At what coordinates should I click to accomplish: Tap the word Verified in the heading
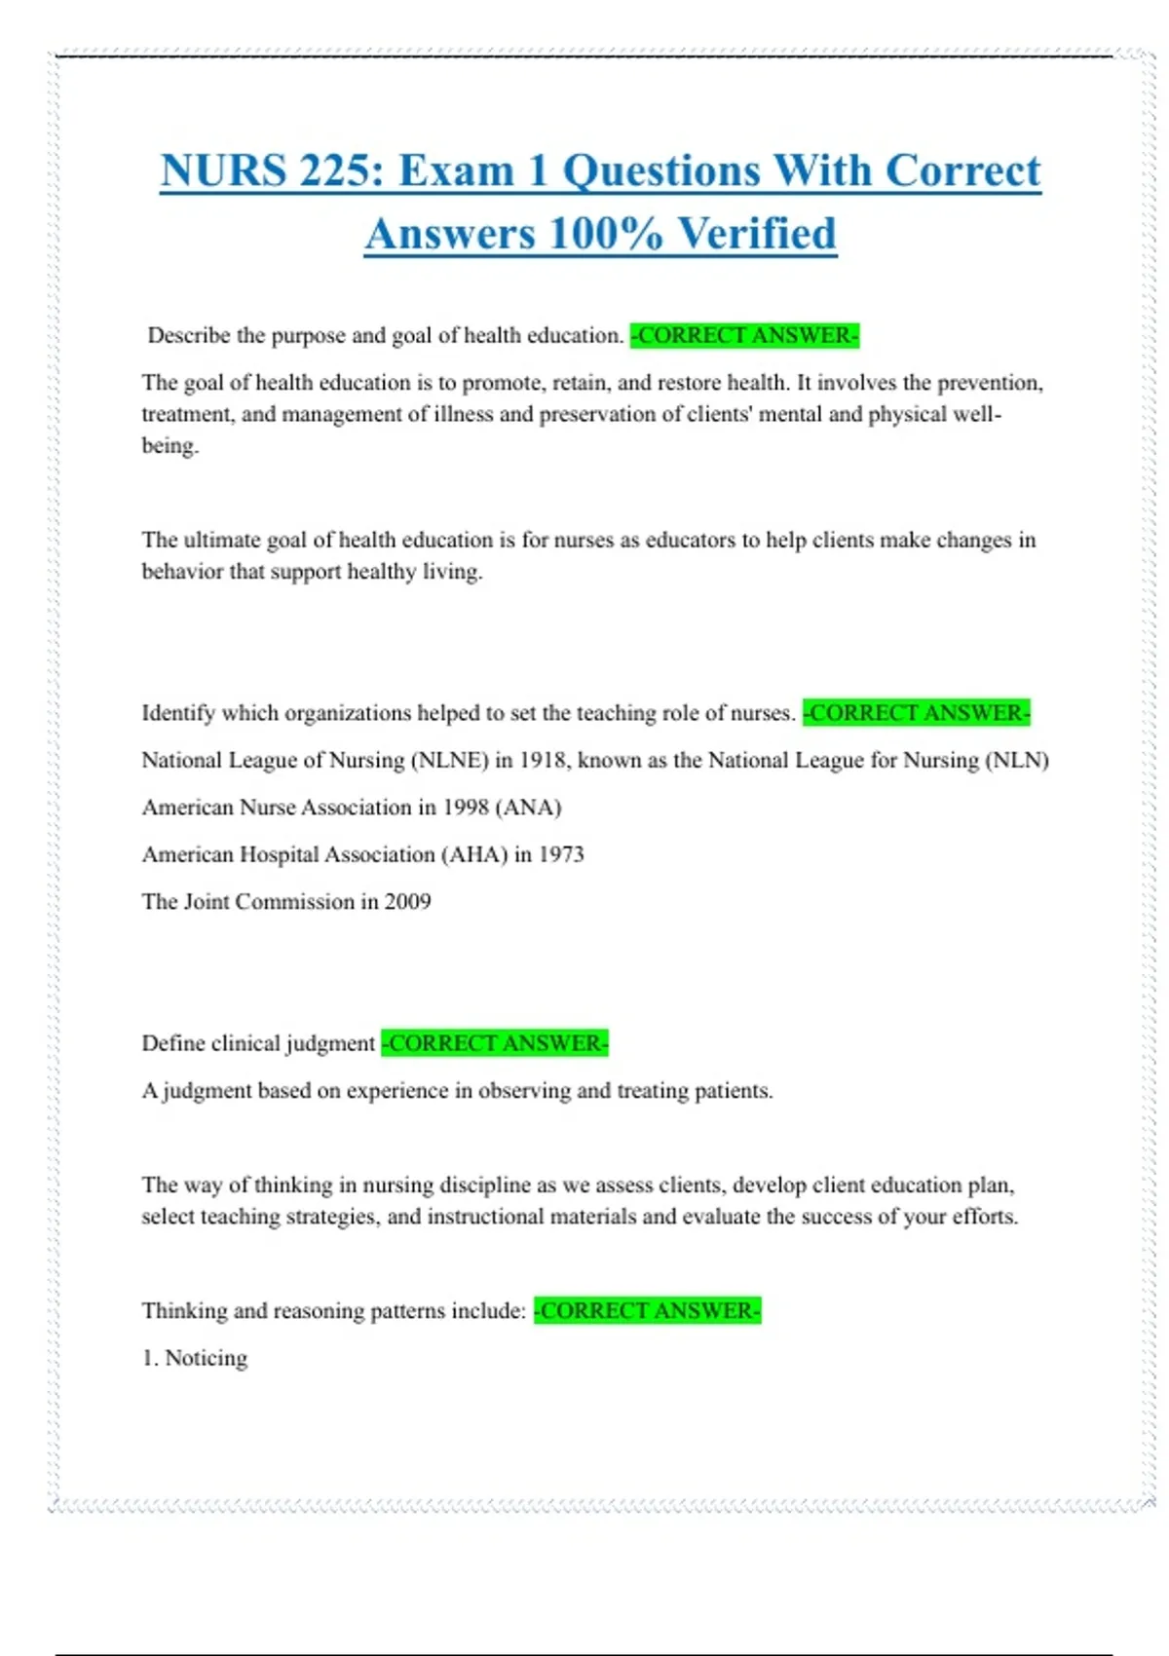tap(757, 235)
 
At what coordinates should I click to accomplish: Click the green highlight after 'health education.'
tap(744, 336)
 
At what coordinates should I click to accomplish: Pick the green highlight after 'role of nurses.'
tap(916, 713)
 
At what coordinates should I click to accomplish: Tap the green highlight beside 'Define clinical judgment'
tap(495, 1043)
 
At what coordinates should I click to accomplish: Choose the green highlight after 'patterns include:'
tap(647, 1311)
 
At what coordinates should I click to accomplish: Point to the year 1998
tap(467, 808)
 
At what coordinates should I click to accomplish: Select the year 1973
tap(561, 854)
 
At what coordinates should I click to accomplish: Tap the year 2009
tap(407, 902)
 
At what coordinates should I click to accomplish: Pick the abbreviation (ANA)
tap(529, 808)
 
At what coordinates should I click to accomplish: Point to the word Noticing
tap(207, 1358)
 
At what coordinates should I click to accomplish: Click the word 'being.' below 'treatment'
tap(170, 446)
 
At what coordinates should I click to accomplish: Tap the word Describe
tap(189, 336)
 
